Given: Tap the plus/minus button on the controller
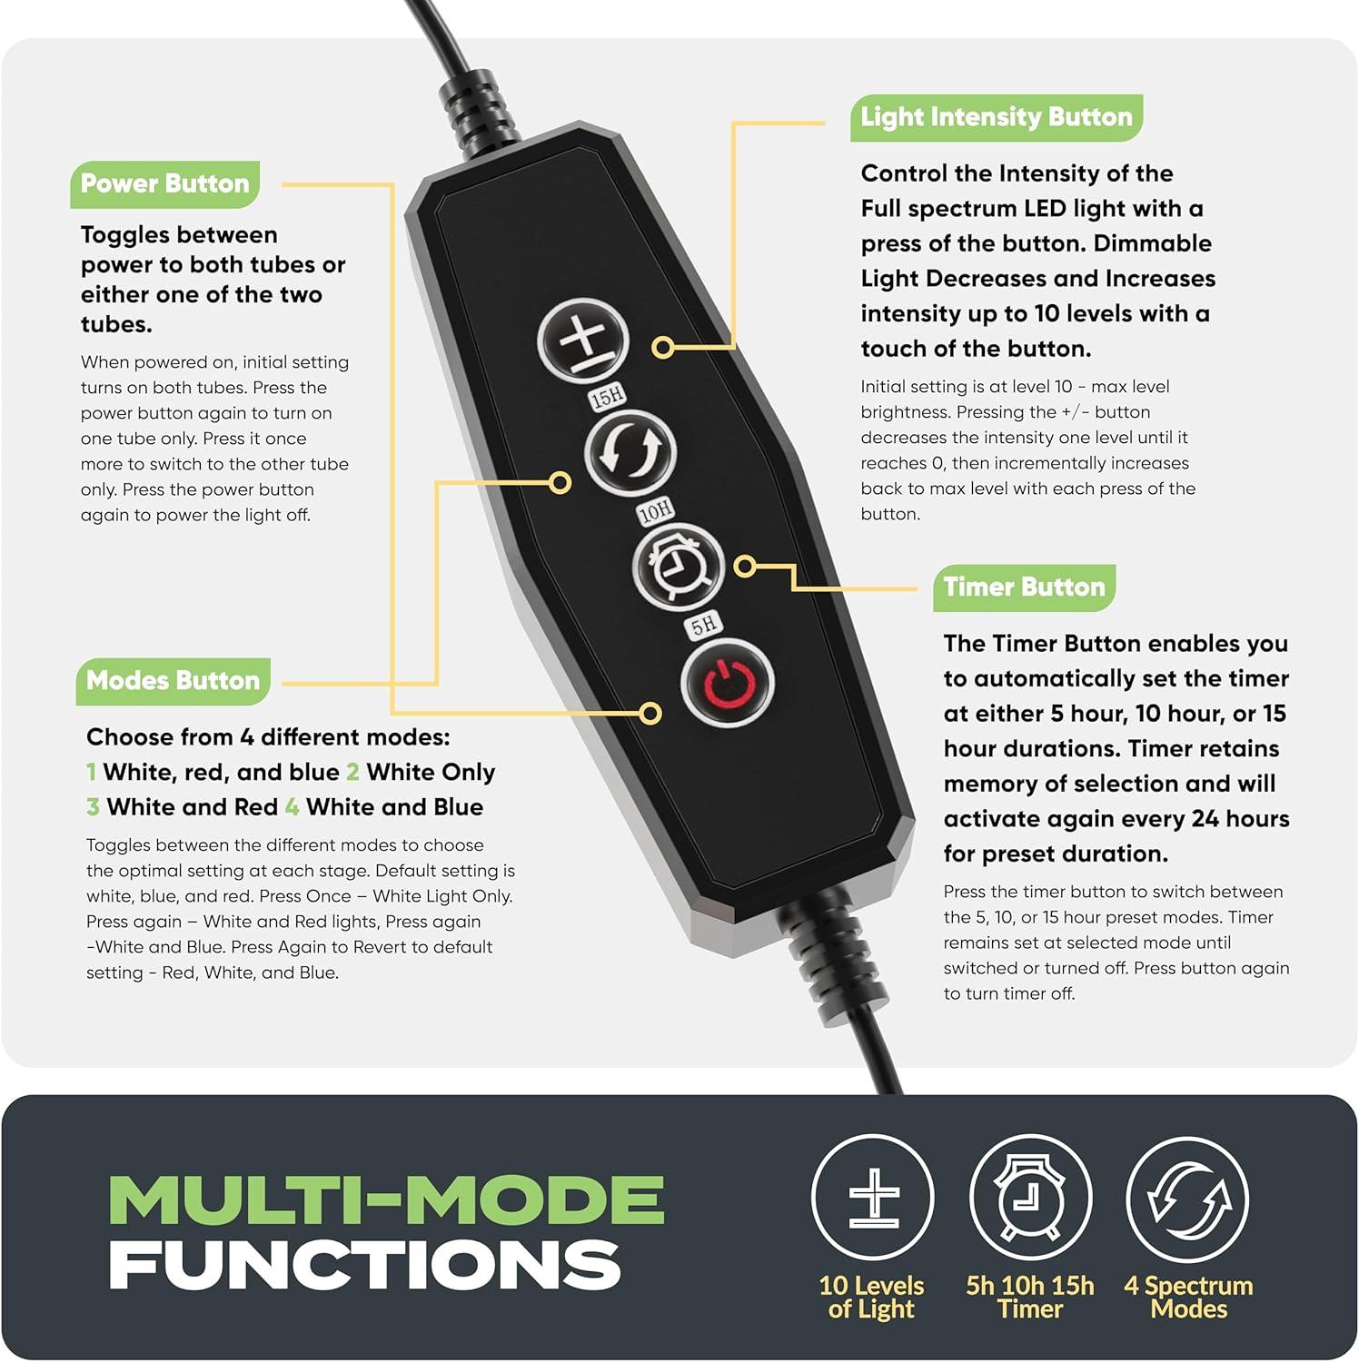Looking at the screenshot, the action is point(583,342).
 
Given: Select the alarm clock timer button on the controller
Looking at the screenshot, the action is point(678,566).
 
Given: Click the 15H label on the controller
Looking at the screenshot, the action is point(608,397).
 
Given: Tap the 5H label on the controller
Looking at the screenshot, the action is point(704,624).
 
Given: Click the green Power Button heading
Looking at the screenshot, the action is point(165,183).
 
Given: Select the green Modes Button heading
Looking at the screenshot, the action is point(173,681).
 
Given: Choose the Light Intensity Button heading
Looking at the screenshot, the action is point(997,117).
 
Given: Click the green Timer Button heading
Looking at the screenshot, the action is point(1024,587).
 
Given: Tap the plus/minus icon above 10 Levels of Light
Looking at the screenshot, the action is point(873,1198).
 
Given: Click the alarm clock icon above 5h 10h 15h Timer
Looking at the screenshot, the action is point(1030,1198).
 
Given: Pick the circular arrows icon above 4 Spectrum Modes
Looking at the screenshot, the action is point(1187,1198).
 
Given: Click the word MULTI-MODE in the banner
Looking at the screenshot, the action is point(386,1199).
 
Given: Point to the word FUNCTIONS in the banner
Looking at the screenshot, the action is point(365,1264).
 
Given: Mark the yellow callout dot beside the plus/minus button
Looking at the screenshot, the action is point(663,347).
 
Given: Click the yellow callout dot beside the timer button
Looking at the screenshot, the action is point(745,567).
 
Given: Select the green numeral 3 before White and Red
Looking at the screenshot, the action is point(93,807).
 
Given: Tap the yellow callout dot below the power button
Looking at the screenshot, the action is point(650,713).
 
